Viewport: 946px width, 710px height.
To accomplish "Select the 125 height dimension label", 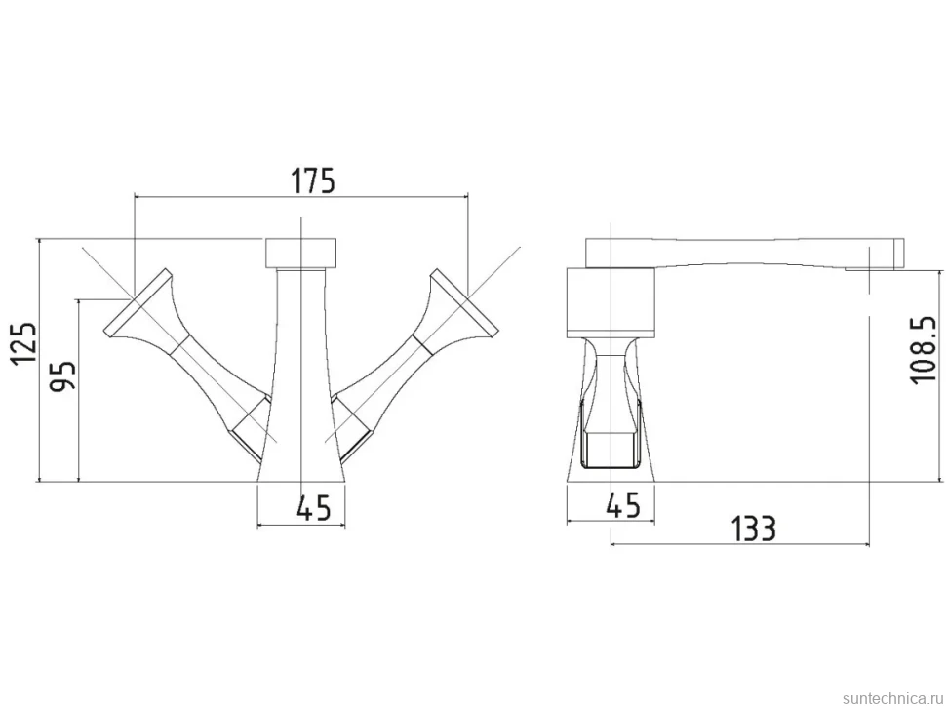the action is (x=24, y=343).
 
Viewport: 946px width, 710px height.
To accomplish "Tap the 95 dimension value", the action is (x=62, y=375).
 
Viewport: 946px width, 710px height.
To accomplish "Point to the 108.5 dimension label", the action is (x=923, y=350).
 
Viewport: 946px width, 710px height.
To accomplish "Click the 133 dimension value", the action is (x=753, y=529).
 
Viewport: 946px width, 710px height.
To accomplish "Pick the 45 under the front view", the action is (x=314, y=508).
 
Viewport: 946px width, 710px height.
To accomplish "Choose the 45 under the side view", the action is (x=622, y=505).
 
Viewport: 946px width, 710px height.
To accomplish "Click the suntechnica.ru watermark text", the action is (x=891, y=698).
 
